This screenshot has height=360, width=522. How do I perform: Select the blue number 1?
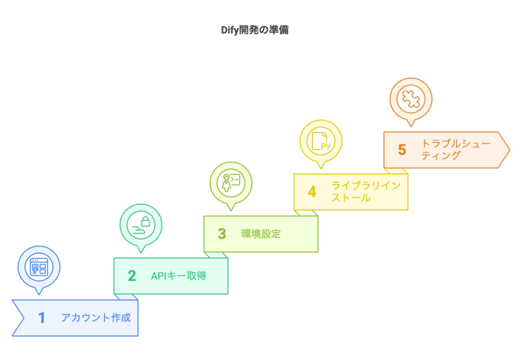tap(42, 318)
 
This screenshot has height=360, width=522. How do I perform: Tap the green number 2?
tap(132, 276)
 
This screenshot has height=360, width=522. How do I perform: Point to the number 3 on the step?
tap(222, 234)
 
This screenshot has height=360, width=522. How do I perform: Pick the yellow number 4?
tap(311, 192)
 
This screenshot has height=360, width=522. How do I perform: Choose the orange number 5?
tap(402, 150)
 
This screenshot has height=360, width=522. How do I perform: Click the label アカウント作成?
tap(96, 318)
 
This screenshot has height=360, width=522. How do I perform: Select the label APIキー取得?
tap(178, 276)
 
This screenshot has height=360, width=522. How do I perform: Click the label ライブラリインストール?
tap(366, 192)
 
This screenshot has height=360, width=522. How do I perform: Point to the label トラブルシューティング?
tap(455, 149)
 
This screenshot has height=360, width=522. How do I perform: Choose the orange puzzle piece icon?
tap(410, 98)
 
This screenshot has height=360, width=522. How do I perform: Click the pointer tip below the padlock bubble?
tap(141, 252)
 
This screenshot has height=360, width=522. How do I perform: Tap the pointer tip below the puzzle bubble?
tap(410, 126)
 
